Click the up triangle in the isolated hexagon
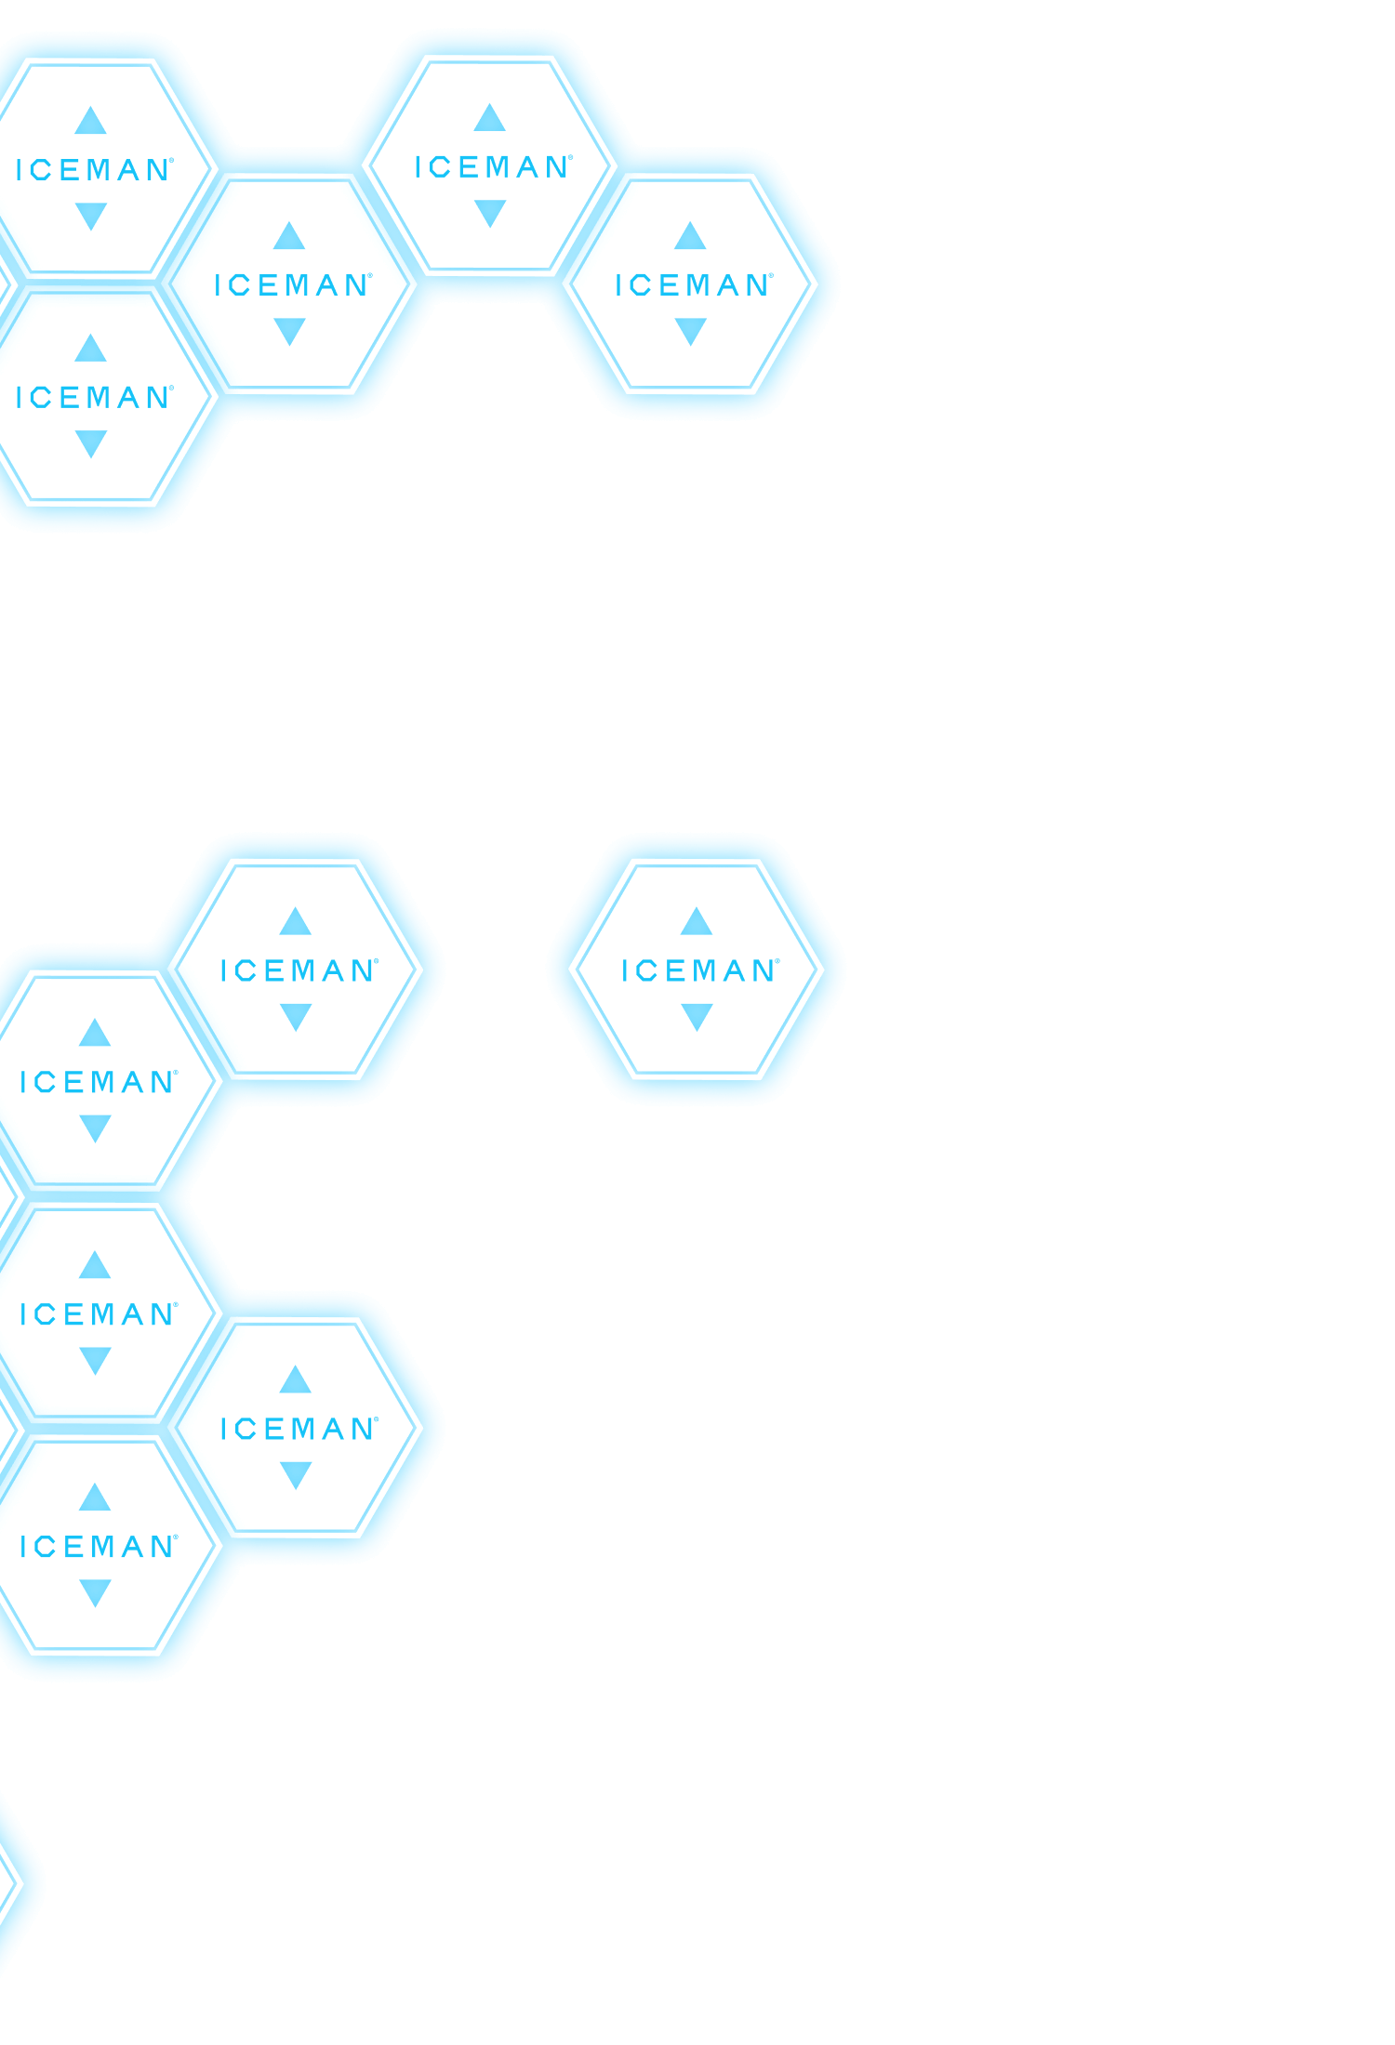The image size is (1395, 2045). click(697, 922)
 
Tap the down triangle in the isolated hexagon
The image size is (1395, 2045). click(697, 1016)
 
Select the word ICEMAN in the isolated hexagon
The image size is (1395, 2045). click(698, 970)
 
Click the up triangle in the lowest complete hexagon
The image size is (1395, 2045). click(95, 1498)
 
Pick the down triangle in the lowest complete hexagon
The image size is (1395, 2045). click(95, 1592)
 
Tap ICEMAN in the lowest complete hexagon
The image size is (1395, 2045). click(98, 1547)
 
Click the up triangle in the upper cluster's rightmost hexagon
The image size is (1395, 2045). click(690, 236)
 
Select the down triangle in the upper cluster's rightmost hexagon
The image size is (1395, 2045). click(690, 331)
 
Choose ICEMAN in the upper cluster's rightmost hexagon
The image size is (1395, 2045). click(693, 285)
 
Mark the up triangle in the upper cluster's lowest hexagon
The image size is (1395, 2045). click(90, 349)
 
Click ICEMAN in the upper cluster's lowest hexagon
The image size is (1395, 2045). click(94, 398)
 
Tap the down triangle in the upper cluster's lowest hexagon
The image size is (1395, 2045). click(90, 443)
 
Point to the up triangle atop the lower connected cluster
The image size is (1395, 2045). click(295, 922)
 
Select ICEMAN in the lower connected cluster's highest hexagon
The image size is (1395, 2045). click(299, 970)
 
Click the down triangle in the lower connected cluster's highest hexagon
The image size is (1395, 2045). click(295, 1016)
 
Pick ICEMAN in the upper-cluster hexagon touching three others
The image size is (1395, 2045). click(292, 285)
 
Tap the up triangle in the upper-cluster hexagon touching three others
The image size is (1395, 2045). click(289, 236)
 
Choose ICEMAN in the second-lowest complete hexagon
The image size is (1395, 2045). click(299, 1429)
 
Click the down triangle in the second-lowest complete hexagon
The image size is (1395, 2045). click(295, 1474)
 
